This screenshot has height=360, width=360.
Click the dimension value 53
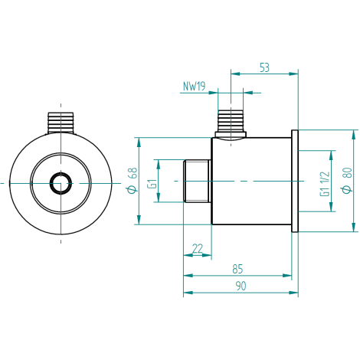tap(264, 67)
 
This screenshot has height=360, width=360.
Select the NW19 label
tap(194, 87)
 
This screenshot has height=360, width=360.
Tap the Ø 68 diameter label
tap(133, 181)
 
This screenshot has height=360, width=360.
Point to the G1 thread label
tap(152, 184)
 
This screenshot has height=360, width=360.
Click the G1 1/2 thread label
tap(325, 184)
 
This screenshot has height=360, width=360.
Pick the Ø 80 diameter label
tap(347, 181)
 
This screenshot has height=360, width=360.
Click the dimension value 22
tap(198, 248)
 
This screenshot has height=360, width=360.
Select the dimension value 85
tap(237, 269)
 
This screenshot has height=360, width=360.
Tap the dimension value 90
tap(241, 286)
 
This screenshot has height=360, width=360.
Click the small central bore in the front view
tap(61, 183)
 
